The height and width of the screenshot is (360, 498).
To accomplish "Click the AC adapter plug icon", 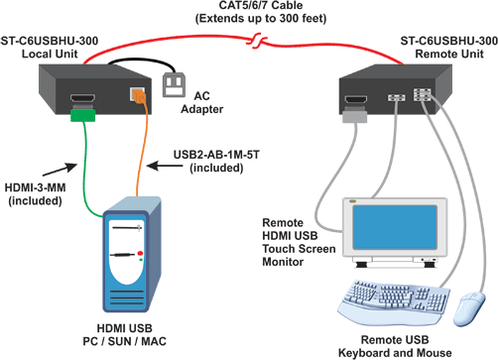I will tap(175, 85).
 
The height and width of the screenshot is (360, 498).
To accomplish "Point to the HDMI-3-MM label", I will tap(37, 194).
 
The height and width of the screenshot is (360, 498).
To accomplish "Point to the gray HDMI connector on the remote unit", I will tap(352, 117).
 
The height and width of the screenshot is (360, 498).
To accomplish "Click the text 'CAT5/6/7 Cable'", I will tap(250, 9).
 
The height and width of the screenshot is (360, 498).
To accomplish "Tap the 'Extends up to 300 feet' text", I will tap(250, 22).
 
